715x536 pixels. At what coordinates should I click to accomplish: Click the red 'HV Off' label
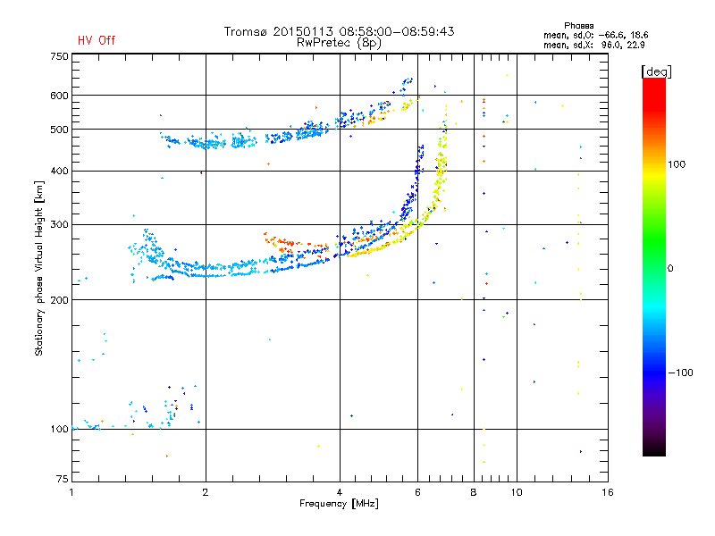(x=96, y=40)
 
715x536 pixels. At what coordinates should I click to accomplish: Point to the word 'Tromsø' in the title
(x=246, y=31)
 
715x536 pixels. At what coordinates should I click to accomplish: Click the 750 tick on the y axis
(x=59, y=56)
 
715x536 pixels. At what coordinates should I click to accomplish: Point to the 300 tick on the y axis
(x=59, y=224)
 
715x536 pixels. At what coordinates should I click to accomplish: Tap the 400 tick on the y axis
(x=59, y=171)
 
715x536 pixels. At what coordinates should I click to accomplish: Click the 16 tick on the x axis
(x=607, y=492)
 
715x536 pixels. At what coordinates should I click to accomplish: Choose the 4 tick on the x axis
(x=340, y=492)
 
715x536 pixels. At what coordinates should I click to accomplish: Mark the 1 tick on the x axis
(x=72, y=492)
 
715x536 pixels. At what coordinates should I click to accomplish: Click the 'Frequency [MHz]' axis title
(x=339, y=504)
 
